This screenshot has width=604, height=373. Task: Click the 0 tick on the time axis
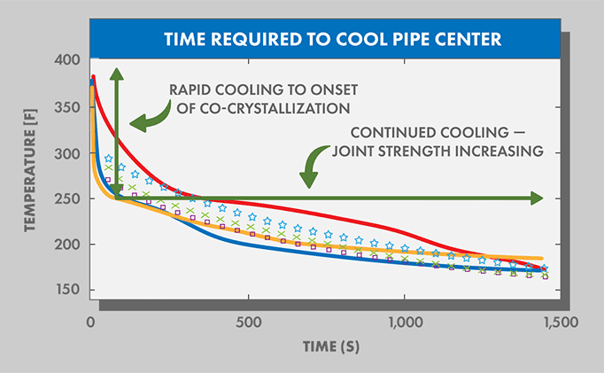(91, 320)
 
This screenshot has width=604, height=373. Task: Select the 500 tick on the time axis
(248, 320)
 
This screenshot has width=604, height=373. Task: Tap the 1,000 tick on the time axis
(404, 320)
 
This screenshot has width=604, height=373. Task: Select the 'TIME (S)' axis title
(324, 347)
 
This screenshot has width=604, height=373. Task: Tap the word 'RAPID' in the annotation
(190, 89)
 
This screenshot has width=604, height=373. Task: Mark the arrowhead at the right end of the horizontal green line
(536, 198)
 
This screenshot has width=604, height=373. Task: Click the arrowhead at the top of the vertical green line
(116, 74)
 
